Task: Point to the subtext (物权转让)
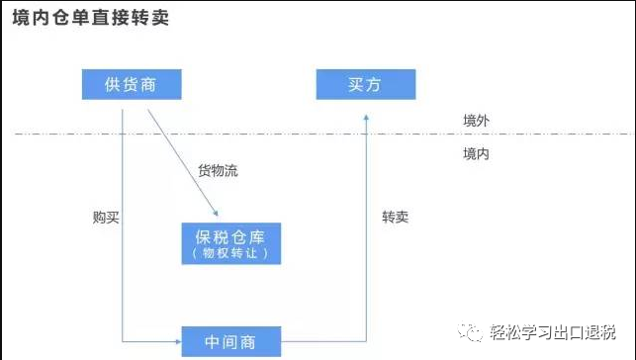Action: [x=231, y=254]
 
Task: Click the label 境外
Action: [x=476, y=120]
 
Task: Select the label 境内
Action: [x=476, y=154]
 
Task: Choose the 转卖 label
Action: [x=397, y=216]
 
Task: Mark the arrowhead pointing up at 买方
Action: [x=366, y=117]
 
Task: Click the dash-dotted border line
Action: [x=297, y=134]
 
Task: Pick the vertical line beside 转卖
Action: [x=366, y=227]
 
